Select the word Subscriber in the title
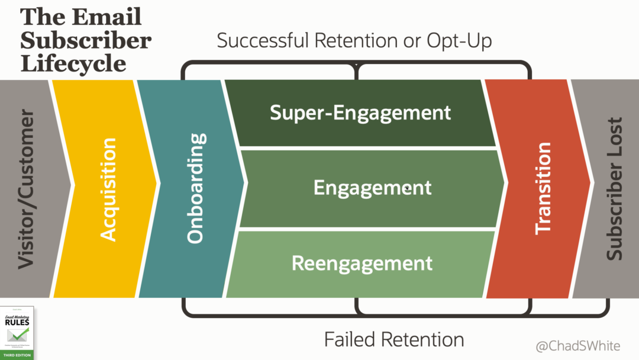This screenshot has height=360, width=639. pyautogui.click(x=86, y=40)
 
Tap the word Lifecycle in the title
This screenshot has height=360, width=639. pyautogui.click(x=73, y=63)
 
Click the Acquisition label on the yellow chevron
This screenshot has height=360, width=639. pyautogui.click(x=108, y=189)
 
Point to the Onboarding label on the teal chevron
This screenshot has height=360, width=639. pyautogui.click(x=196, y=188)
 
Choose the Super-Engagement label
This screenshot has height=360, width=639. pyautogui.click(x=360, y=112)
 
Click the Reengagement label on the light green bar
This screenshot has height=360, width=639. pyautogui.click(x=362, y=263)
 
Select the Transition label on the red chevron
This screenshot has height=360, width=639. pyautogui.click(x=543, y=188)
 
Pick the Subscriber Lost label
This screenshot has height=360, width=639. pyautogui.click(x=615, y=189)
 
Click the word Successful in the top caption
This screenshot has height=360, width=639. pyautogui.click(x=264, y=41)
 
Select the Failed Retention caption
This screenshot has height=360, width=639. pyautogui.click(x=394, y=339)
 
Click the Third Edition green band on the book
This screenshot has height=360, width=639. pyautogui.click(x=18, y=355)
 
